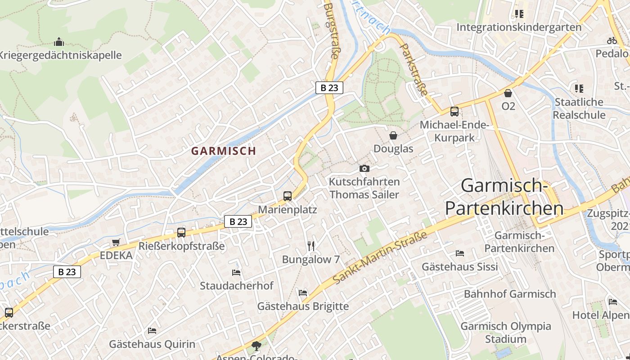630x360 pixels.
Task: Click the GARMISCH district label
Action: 223,151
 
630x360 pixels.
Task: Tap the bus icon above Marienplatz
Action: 288,196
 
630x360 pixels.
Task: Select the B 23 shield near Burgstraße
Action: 329,88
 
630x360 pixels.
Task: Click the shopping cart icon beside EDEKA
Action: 116,243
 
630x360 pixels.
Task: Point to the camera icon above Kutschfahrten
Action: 364,169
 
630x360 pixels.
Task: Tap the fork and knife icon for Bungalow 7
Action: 310,246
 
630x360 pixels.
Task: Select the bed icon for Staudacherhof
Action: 236,273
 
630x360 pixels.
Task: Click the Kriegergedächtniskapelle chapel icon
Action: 59,42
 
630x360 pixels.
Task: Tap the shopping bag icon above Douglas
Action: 393,135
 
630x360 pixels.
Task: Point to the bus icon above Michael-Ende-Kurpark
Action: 454,111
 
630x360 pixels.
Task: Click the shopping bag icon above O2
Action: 508,93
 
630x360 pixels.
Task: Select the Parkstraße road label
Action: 414,69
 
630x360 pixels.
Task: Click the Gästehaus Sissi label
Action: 459,267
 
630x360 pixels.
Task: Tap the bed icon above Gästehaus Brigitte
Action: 303,293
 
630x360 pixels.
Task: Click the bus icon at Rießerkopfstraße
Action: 181,233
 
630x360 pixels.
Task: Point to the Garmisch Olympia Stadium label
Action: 505,333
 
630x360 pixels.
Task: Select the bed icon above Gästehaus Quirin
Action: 152,331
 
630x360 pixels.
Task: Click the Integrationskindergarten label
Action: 519,27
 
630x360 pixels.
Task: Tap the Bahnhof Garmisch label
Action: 510,294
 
